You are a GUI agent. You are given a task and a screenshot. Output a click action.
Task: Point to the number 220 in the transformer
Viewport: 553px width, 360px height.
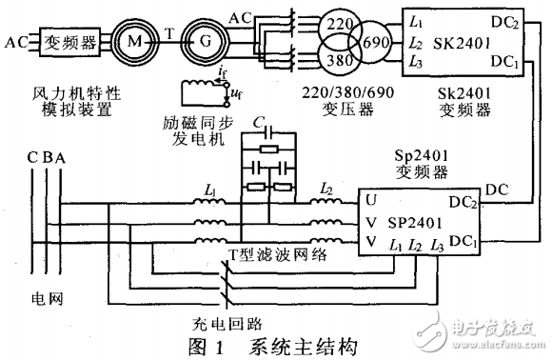pos(338,24)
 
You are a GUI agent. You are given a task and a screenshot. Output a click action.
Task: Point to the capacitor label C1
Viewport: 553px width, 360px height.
pos(261,120)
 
